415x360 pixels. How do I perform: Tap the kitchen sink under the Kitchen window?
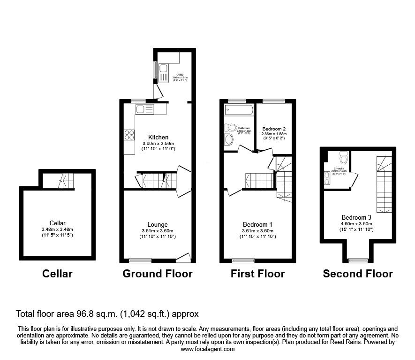144,110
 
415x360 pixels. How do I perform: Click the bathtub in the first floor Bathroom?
239,110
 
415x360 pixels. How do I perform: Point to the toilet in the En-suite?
343,155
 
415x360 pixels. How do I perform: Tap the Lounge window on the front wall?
139,260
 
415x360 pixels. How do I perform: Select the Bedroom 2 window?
273,101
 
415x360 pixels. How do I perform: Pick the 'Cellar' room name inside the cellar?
57,223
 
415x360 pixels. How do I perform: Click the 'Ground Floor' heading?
157,274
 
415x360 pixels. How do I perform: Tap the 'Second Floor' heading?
358,274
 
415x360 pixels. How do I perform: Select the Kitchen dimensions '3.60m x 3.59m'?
158,144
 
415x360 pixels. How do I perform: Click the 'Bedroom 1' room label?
258,224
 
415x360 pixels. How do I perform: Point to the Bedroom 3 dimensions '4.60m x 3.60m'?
358,223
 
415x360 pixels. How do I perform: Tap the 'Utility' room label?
180,75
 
